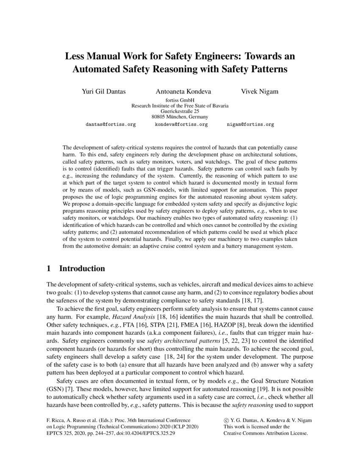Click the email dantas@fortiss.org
(x=111, y=125)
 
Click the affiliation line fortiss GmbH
(x=180, y=100)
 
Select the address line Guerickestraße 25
(x=180, y=111)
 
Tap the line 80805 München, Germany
(x=180, y=116)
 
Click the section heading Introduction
(x=82, y=269)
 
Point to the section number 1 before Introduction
(x=49, y=269)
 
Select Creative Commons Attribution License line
(x=266, y=433)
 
